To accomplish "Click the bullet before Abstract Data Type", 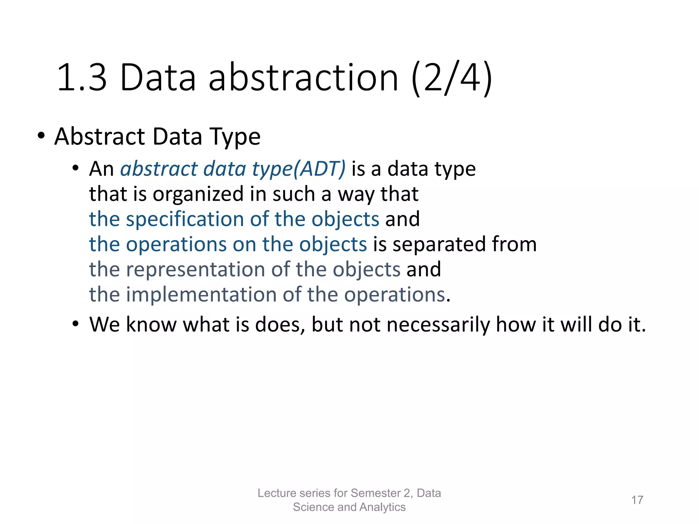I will point(41,136).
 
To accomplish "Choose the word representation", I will point(196,270).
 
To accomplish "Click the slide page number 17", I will point(637,500).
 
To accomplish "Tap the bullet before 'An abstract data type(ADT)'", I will point(75,168).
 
